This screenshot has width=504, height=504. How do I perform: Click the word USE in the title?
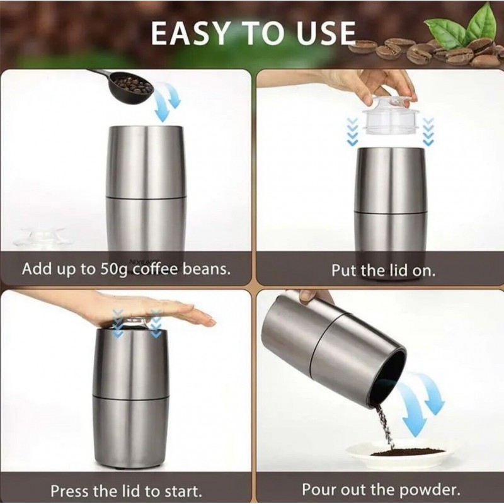tap(326, 33)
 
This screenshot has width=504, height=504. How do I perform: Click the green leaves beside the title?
tap(463, 27)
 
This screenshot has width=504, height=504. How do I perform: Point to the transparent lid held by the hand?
tap(391, 116)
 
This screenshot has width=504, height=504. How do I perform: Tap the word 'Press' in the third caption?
tap(70, 491)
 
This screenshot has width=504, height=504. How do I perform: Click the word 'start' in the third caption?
tap(182, 491)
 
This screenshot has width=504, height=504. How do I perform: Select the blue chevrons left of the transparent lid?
tap(353, 131)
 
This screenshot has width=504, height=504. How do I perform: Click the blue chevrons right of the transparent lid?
tap(429, 131)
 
